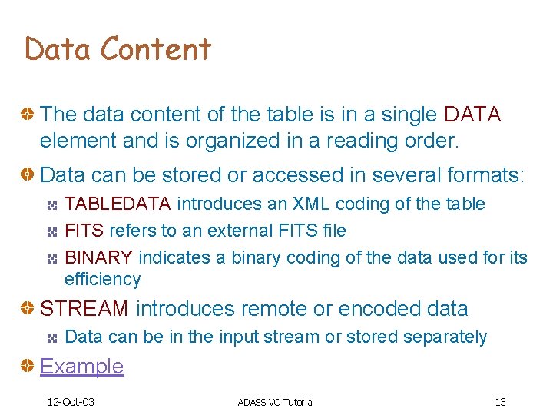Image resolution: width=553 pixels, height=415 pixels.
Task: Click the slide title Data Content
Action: coord(118,49)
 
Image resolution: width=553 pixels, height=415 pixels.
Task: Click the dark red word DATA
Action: coord(472,115)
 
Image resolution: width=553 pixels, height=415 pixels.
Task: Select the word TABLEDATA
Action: coord(120,204)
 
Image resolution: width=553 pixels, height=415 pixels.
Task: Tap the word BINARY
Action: coord(98,257)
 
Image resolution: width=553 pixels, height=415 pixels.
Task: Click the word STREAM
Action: coord(84,309)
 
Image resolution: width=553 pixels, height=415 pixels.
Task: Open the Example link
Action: coord(81,367)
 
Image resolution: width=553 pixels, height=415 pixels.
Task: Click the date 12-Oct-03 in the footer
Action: coord(70,402)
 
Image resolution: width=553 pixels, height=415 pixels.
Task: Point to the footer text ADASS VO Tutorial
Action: coord(276,402)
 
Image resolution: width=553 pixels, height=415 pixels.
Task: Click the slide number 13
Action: coord(500,402)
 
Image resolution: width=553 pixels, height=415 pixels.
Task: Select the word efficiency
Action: coord(102,279)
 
